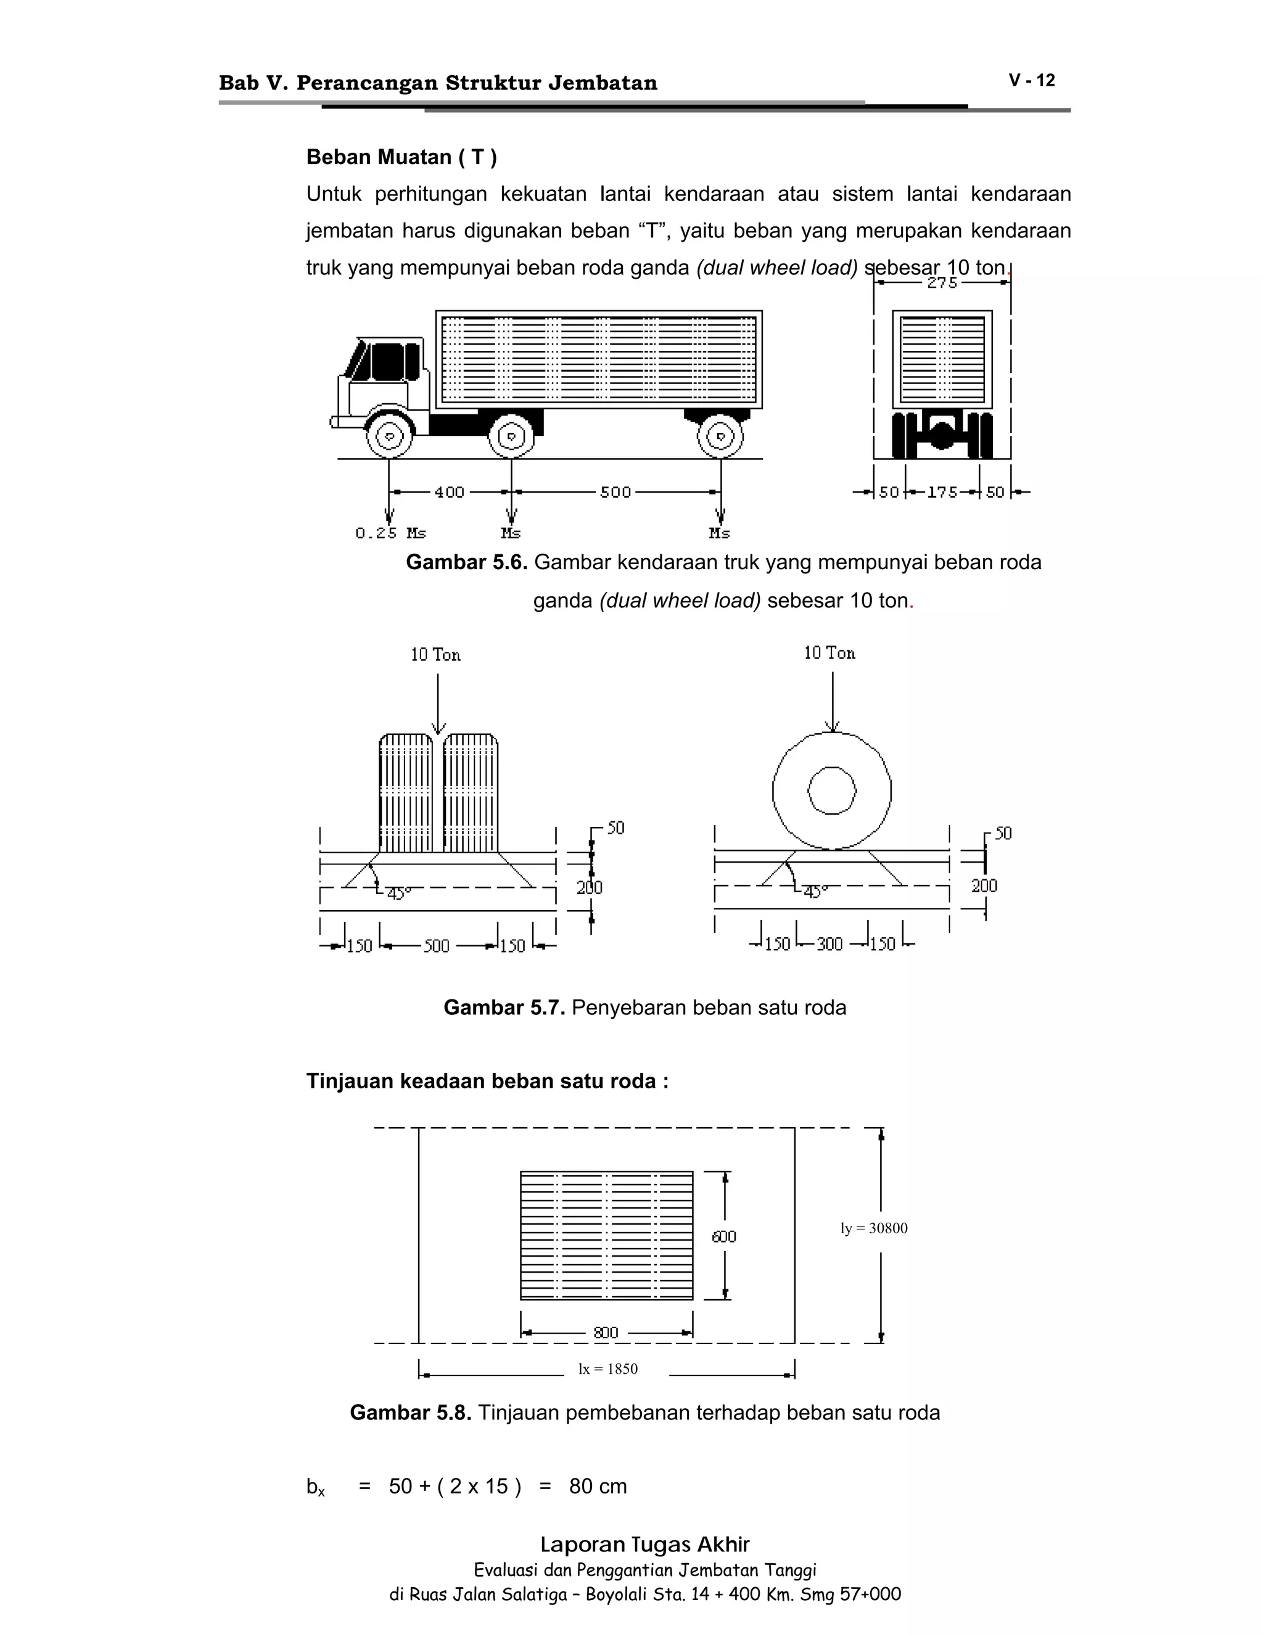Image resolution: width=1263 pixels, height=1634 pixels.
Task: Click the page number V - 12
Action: click(x=1031, y=81)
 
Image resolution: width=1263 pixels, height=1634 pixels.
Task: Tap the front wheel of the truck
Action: click(x=389, y=435)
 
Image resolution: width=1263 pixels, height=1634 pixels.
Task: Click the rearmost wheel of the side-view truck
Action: click(x=720, y=435)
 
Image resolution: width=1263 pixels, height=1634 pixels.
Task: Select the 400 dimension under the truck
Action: click(x=449, y=492)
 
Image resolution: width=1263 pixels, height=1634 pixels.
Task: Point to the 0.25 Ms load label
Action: click(x=390, y=533)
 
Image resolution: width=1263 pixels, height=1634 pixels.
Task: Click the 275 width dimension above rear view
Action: click(x=942, y=283)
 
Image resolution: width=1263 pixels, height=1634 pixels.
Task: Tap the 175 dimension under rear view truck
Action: click(x=942, y=492)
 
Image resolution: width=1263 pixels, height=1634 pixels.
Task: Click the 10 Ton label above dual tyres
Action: click(x=435, y=655)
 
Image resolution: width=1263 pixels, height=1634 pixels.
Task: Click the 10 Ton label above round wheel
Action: click(x=829, y=654)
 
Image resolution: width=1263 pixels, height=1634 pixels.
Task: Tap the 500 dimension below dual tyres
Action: click(x=437, y=946)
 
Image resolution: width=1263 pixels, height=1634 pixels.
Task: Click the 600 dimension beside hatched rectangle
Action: click(x=723, y=1237)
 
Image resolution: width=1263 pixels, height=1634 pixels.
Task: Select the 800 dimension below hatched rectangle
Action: click(x=606, y=1332)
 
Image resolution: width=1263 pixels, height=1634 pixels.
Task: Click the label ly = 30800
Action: click(x=873, y=1228)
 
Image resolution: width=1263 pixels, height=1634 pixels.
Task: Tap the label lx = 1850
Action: click(x=607, y=1369)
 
